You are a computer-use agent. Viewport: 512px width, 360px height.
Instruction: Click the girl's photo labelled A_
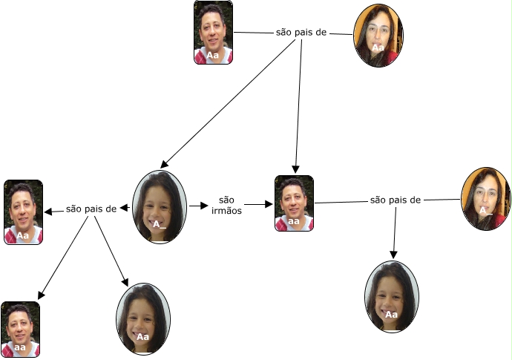click(x=159, y=207)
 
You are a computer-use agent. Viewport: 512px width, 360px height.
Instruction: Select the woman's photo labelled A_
click(x=485, y=197)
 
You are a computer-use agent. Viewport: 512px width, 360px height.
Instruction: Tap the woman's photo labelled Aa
click(x=378, y=35)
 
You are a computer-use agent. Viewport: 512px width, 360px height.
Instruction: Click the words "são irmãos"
click(x=227, y=205)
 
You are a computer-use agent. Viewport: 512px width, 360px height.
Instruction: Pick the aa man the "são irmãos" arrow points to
click(x=294, y=203)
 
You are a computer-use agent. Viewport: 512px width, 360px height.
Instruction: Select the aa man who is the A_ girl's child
click(x=20, y=329)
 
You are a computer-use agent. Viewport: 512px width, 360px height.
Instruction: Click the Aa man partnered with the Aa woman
click(x=213, y=33)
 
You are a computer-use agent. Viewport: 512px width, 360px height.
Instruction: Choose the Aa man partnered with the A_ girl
click(x=23, y=212)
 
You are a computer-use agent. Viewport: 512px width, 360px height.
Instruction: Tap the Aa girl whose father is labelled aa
click(x=391, y=295)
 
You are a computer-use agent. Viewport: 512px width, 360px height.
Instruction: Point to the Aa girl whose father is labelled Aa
click(x=143, y=318)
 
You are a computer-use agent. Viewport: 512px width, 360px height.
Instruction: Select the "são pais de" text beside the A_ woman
click(x=396, y=200)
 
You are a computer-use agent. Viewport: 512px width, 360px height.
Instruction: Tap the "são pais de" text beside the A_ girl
click(x=91, y=209)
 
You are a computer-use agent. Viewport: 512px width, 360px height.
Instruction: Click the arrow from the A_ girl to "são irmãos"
click(x=198, y=205)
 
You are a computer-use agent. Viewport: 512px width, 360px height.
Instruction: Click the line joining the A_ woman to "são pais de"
click(x=442, y=199)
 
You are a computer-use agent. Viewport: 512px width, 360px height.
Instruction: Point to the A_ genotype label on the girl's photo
click(x=157, y=223)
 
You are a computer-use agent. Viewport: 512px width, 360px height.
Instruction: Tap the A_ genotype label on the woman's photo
click(x=485, y=211)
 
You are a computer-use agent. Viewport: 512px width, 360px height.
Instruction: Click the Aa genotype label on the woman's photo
click(x=378, y=48)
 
